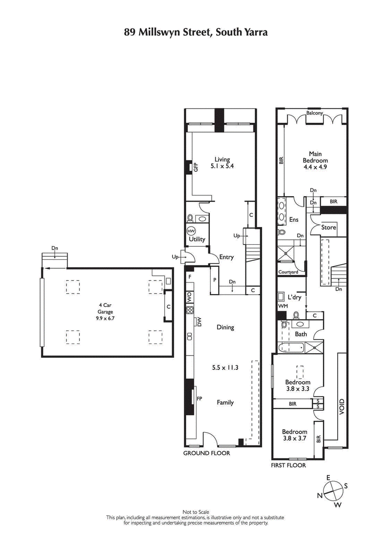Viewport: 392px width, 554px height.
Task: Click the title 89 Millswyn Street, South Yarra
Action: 196,33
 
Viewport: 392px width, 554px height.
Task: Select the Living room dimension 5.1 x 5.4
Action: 222,166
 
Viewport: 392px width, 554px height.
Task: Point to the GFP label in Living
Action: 195,167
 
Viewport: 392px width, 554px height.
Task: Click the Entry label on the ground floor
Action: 226,257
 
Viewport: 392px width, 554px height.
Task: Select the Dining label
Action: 225,327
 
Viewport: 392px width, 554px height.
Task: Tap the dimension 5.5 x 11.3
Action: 225,368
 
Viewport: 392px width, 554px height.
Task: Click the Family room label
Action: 225,402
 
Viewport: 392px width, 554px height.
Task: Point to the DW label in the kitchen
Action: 199,322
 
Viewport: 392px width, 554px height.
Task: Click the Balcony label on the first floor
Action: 315,113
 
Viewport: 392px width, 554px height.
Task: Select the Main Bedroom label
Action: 315,157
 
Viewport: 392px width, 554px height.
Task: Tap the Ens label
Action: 294,220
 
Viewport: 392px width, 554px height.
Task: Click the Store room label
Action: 329,228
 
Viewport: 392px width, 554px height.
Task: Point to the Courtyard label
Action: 288,272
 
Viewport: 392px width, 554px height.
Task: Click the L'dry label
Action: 294,297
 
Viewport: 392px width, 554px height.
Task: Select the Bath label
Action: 300,334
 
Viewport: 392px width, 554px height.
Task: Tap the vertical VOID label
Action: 342,407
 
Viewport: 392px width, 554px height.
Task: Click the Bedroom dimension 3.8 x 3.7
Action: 294,439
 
